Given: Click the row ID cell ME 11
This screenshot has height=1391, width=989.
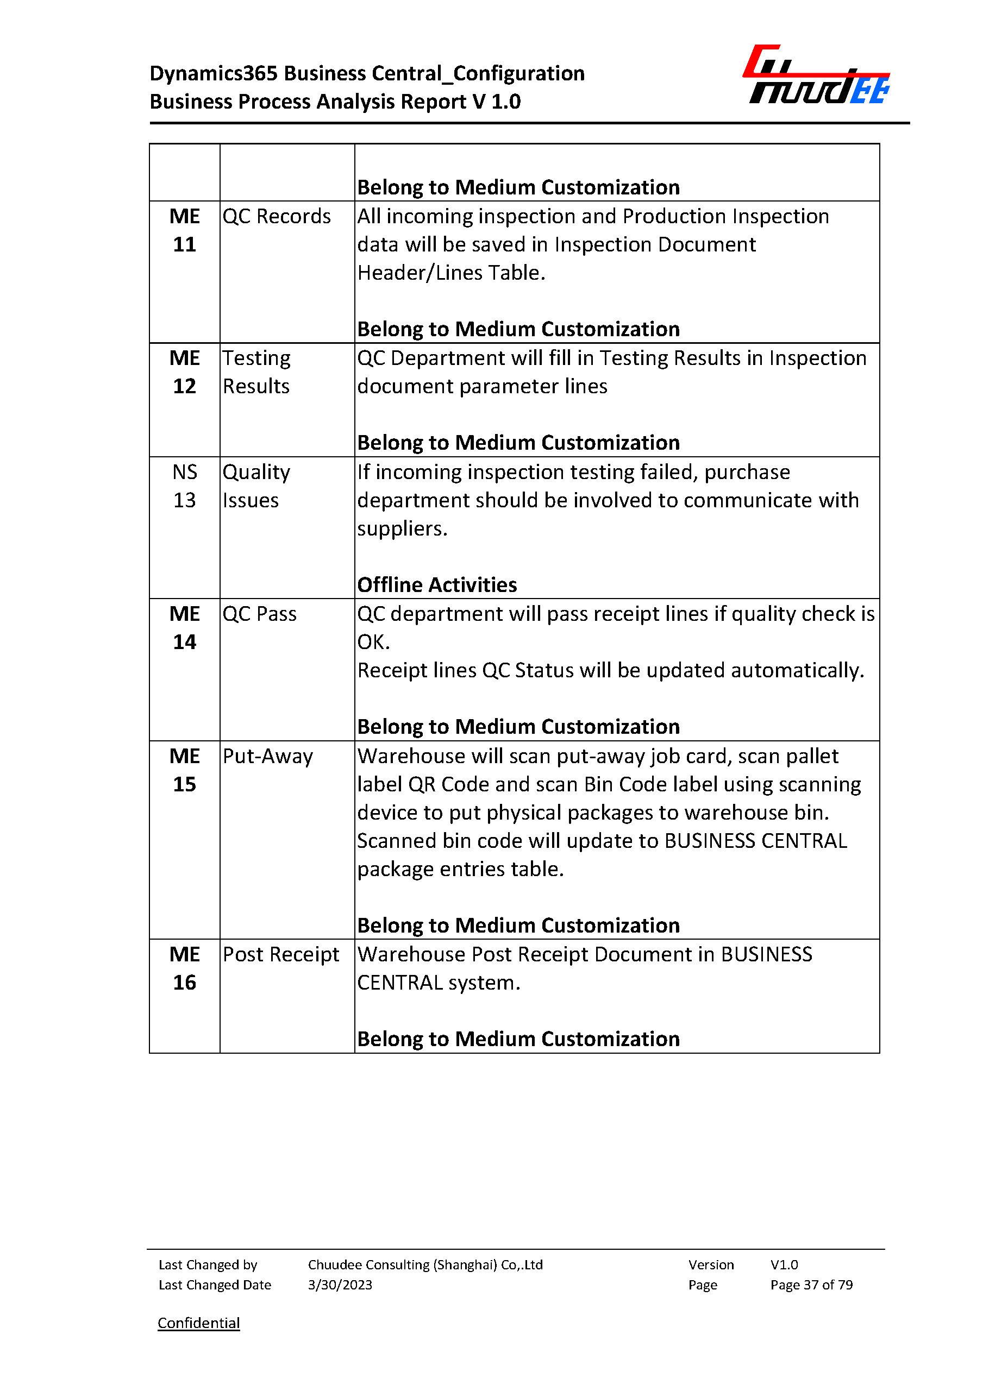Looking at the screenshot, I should (x=185, y=230).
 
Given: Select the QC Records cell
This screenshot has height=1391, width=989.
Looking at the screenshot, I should (x=277, y=217).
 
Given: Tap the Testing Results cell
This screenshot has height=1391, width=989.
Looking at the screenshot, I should (x=256, y=372).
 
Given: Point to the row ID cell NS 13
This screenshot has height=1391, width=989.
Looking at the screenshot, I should (x=185, y=486).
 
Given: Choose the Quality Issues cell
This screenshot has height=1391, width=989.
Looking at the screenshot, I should (x=256, y=486).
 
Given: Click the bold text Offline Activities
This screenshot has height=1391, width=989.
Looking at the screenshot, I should (x=437, y=584).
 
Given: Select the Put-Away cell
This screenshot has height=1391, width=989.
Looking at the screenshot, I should (x=268, y=756).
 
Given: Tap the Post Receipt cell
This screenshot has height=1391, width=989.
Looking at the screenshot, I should (x=281, y=954).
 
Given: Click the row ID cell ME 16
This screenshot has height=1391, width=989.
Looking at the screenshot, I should (x=185, y=968).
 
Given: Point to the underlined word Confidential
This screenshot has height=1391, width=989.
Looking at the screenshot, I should (x=198, y=1323).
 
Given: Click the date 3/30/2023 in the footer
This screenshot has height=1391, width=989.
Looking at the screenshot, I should (x=340, y=1285).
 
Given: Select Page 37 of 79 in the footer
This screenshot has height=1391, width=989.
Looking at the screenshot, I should (x=811, y=1285).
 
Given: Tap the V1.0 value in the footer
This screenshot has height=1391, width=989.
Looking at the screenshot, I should (x=784, y=1264).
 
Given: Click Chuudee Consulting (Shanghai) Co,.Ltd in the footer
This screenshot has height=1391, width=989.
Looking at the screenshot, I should (x=425, y=1264).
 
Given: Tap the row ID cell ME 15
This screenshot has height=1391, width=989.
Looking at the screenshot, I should (x=185, y=770).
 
